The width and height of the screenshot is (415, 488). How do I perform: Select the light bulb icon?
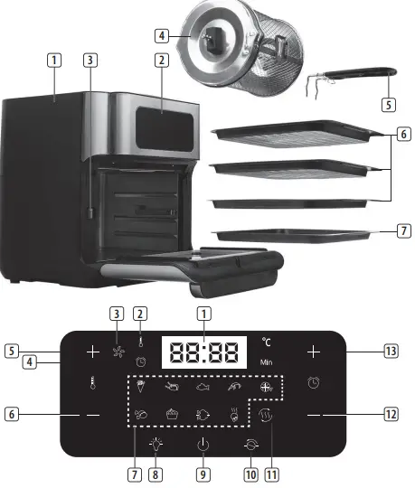pos(156,444)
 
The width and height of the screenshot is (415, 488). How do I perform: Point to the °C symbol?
pos(266,342)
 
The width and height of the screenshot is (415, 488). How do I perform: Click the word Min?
pos(266,361)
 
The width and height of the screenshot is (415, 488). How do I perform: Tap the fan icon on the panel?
pos(116,352)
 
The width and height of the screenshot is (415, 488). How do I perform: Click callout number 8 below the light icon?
pos(156,472)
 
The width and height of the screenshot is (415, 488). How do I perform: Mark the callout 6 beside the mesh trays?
pos(401,135)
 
